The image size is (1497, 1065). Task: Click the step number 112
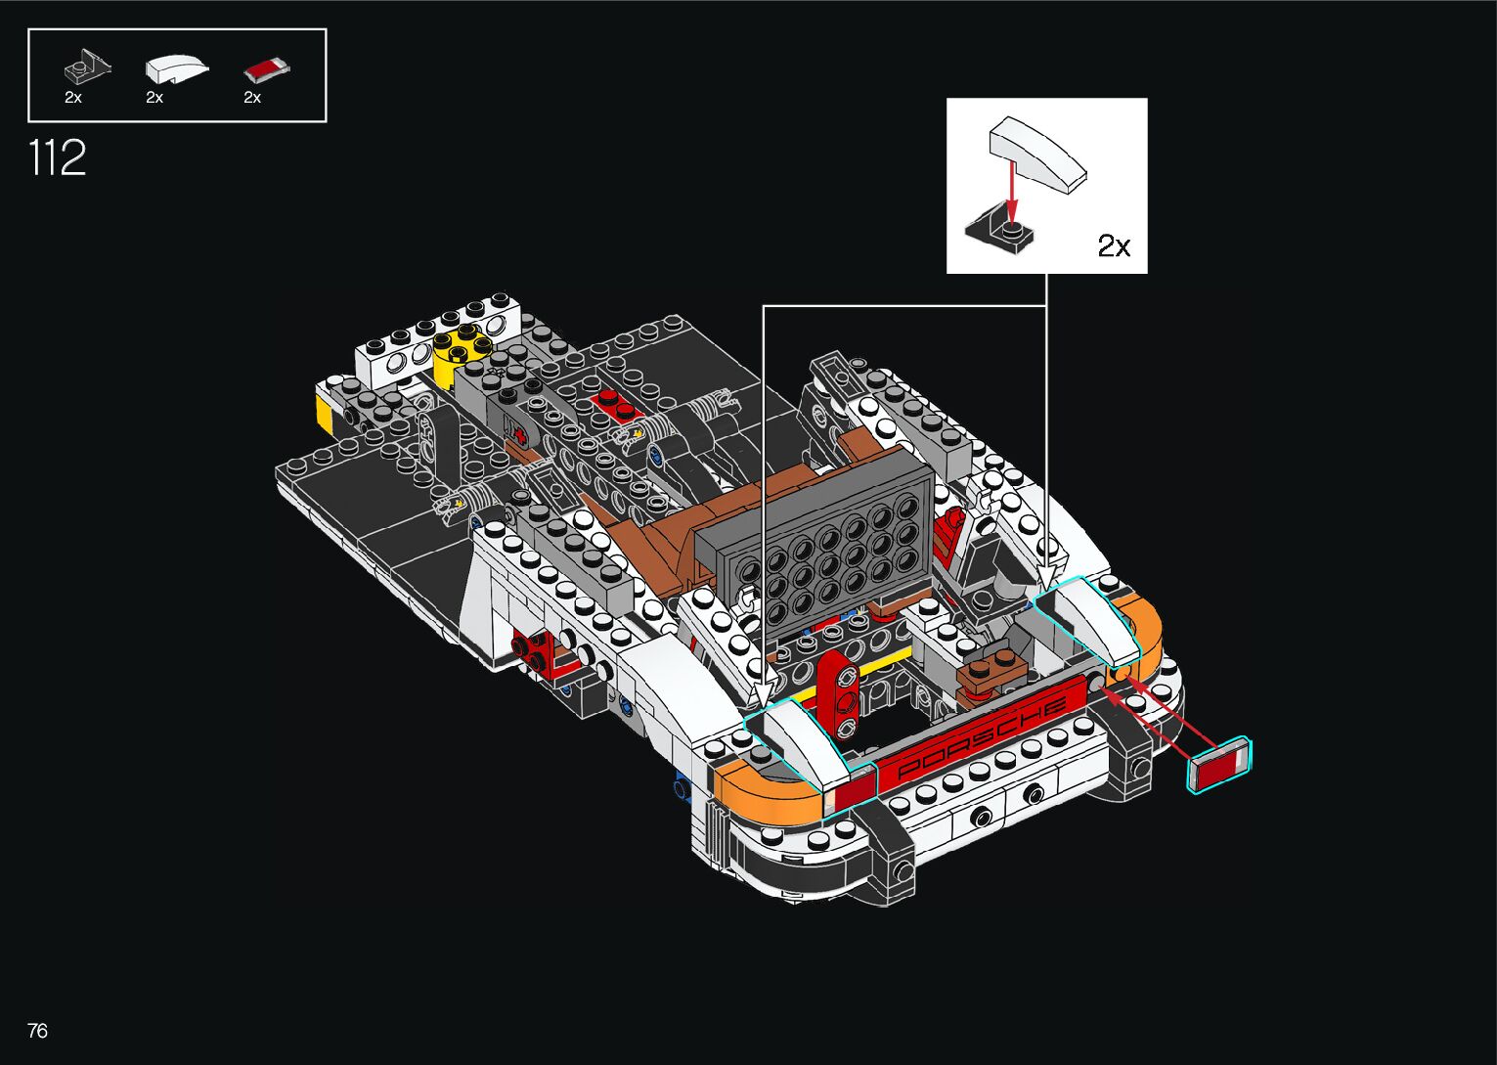pyautogui.click(x=58, y=157)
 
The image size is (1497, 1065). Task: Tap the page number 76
pyautogui.click(x=37, y=1031)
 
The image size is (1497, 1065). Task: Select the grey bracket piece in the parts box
pyautogui.click(x=86, y=67)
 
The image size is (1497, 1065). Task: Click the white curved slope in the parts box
pyautogui.click(x=176, y=68)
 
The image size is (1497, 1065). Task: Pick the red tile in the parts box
pyautogui.click(x=267, y=69)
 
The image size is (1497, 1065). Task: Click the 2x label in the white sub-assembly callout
pyautogui.click(x=1114, y=245)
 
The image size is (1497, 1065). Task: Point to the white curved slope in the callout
pyautogui.click(x=1037, y=153)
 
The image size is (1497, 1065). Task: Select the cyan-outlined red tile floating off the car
pyautogui.click(x=1219, y=766)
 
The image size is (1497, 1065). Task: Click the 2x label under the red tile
pyautogui.click(x=252, y=98)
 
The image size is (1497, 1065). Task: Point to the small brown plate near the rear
pyautogui.click(x=991, y=674)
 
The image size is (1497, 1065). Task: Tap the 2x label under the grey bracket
pyautogui.click(x=73, y=98)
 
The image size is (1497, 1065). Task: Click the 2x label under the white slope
pyautogui.click(x=154, y=98)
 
